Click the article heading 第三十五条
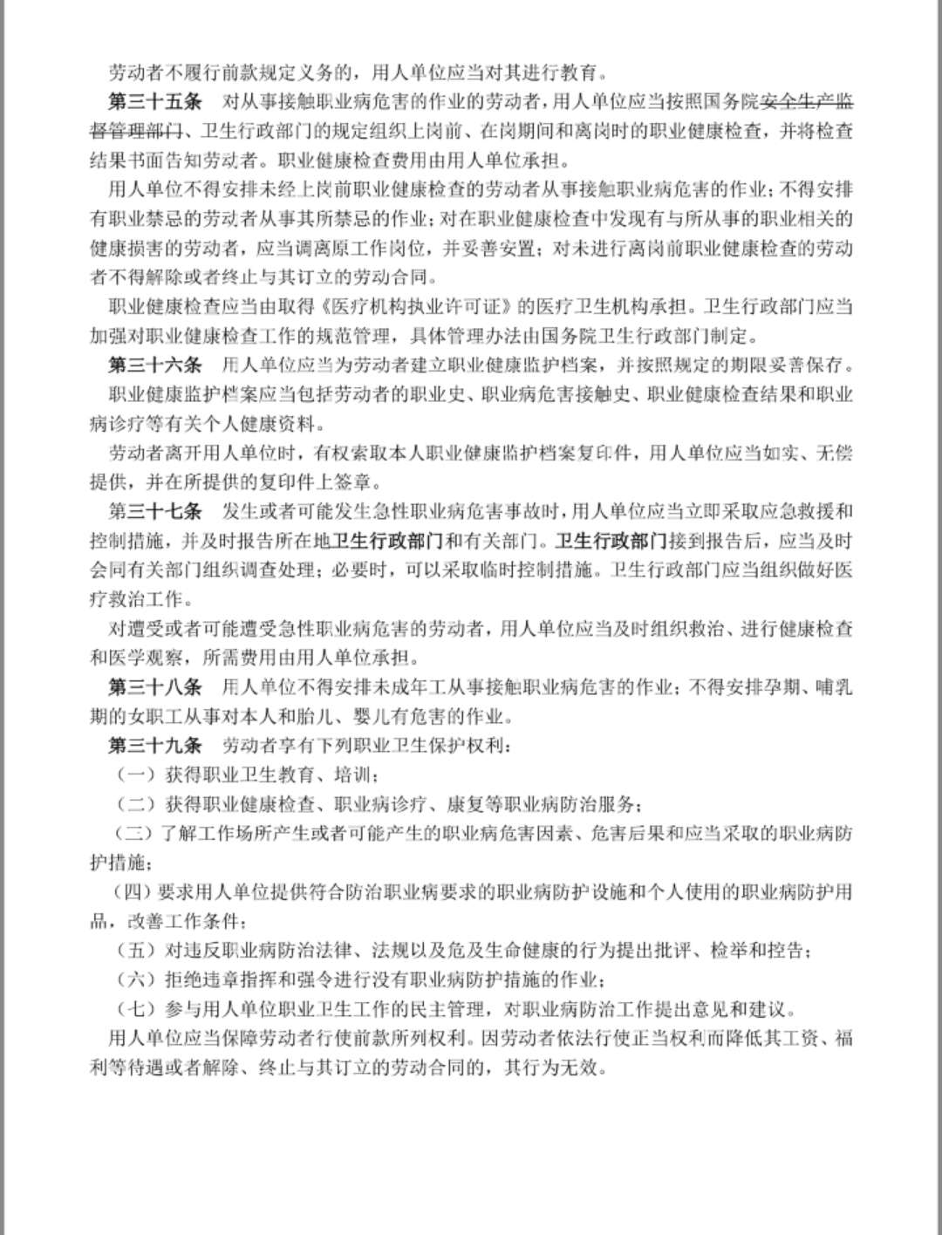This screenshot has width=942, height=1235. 154,101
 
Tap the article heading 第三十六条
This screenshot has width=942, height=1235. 154,364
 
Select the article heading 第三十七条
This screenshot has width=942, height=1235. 154,510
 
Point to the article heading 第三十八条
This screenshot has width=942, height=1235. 154,686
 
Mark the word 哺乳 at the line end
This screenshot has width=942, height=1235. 833,686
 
